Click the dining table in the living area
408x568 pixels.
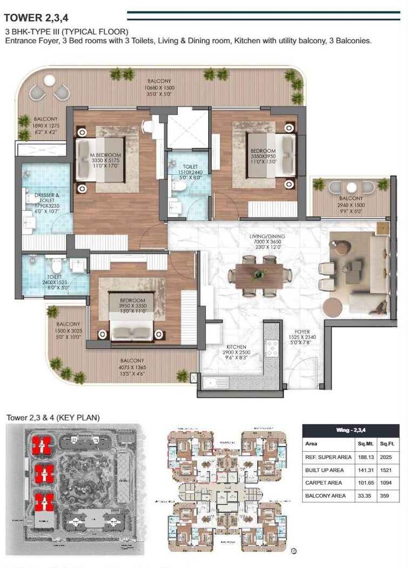click(259, 276)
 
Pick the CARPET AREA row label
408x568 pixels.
click(324, 483)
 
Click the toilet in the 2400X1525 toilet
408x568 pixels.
click(55, 266)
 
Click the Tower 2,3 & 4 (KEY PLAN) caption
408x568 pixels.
click(53, 417)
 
